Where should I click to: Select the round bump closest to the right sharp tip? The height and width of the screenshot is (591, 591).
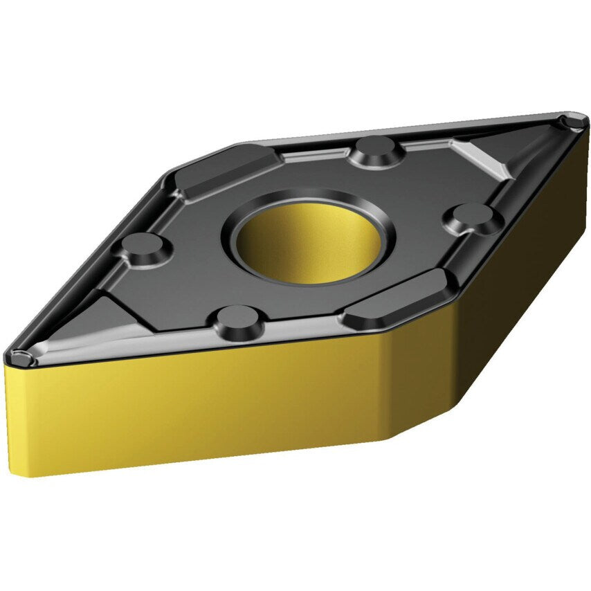click(x=474, y=216)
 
